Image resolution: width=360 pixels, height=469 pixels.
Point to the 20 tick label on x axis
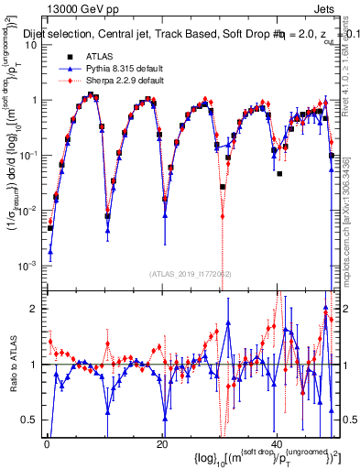point(162,442)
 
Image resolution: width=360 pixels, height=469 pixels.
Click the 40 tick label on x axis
point(277,442)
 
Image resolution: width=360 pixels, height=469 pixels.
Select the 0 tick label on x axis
point(47,442)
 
